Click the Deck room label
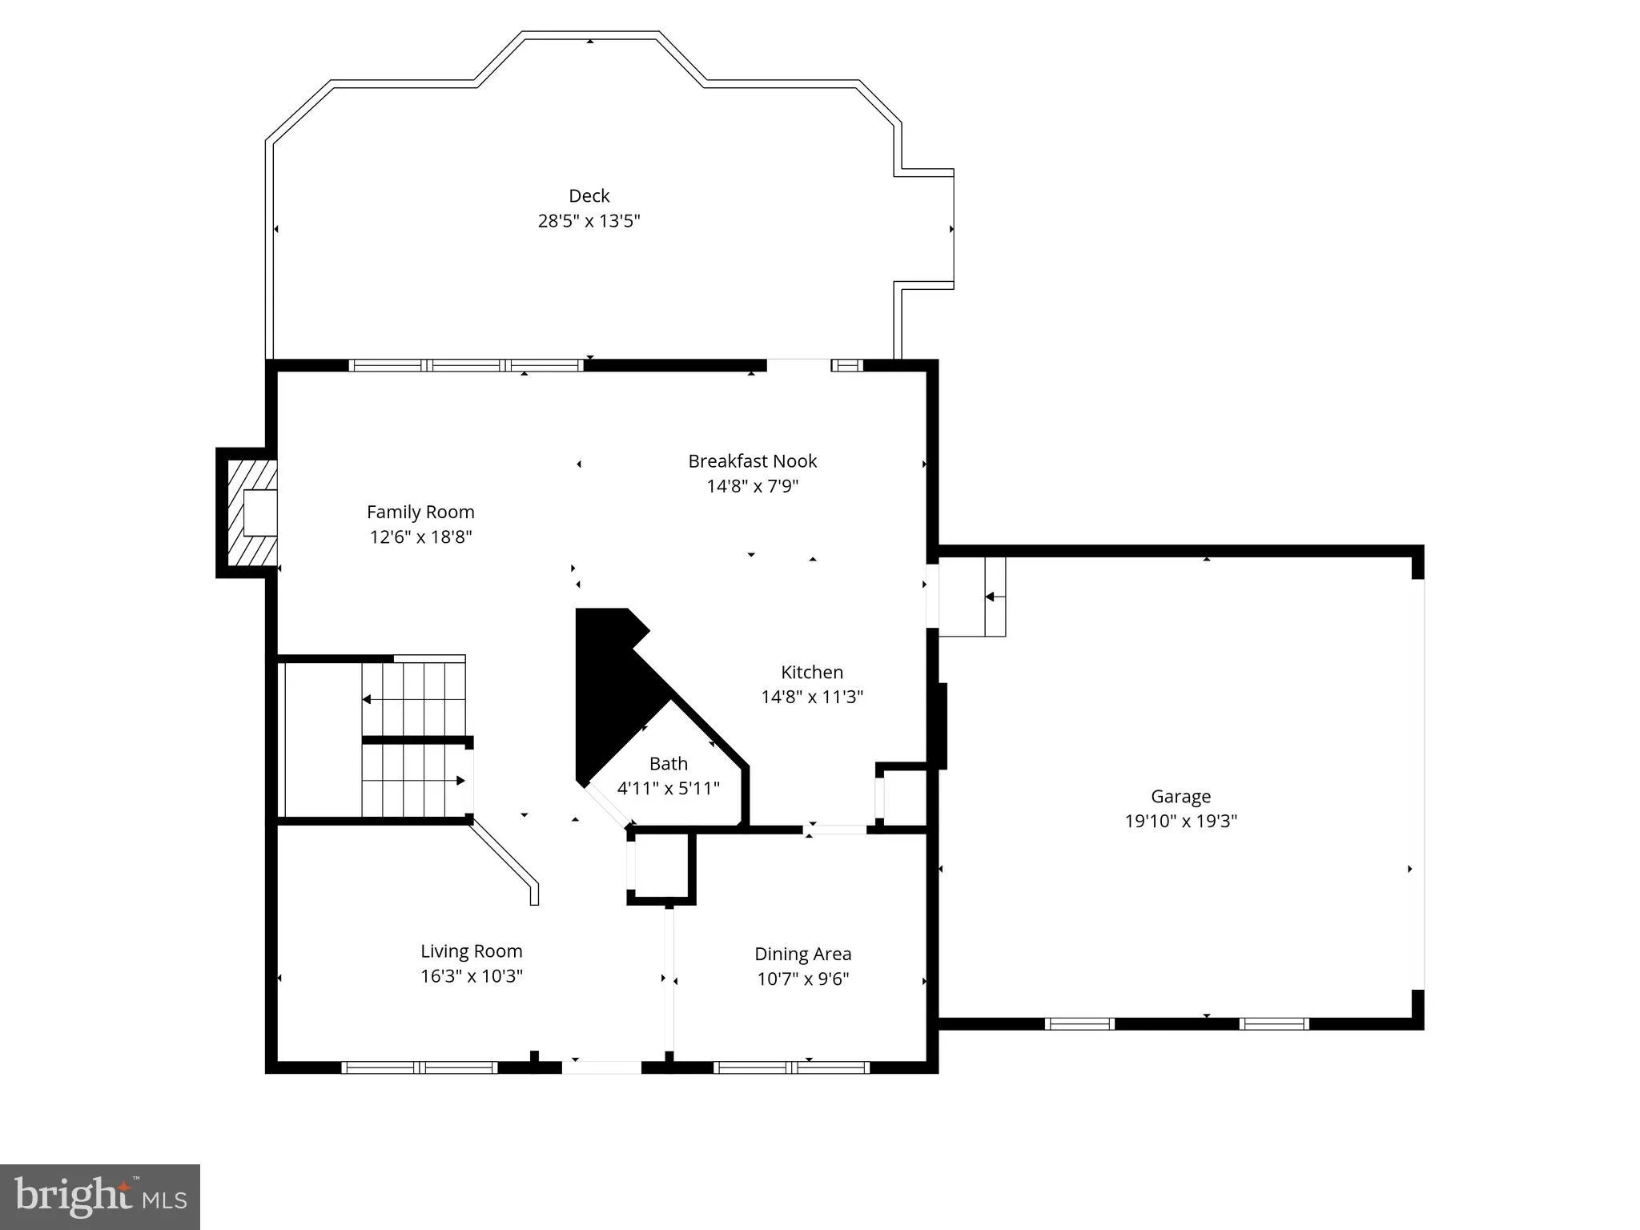(x=589, y=195)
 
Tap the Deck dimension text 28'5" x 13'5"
(x=589, y=220)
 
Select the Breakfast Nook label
(x=753, y=461)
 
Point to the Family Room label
(x=420, y=512)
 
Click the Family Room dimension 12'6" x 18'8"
(x=420, y=537)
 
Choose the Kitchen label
(x=812, y=672)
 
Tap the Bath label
(x=669, y=763)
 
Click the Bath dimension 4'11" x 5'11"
(x=669, y=788)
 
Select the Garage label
(x=1181, y=797)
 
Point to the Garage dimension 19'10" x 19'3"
(x=1181, y=821)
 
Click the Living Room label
(x=472, y=951)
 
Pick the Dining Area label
(x=803, y=955)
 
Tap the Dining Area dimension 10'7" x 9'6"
(x=803, y=979)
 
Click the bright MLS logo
(x=100, y=1197)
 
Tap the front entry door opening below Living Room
(x=601, y=1067)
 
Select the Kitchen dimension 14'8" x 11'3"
(x=812, y=697)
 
